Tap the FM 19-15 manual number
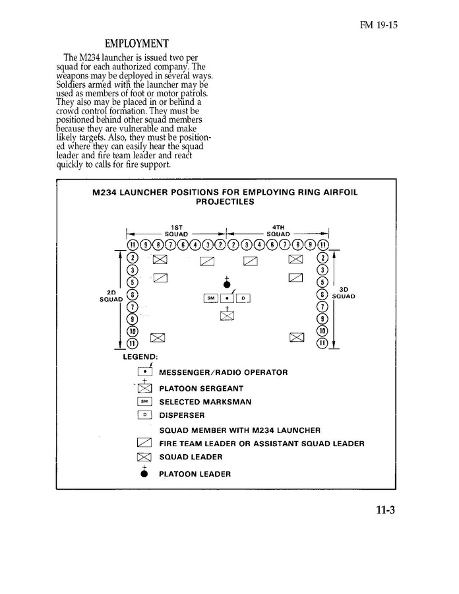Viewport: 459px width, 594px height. pyautogui.click(x=381, y=26)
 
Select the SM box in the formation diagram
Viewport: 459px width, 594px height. pyautogui.click(x=211, y=298)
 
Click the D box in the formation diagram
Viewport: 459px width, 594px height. pyautogui.click(x=243, y=298)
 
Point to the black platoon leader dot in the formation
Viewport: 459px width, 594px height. pyautogui.click(x=227, y=284)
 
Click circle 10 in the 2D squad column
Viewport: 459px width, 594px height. pyautogui.click(x=132, y=331)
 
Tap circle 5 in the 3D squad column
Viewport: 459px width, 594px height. pyautogui.click(x=322, y=282)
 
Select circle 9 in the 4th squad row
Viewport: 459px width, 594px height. pyautogui.click(x=310, y=246)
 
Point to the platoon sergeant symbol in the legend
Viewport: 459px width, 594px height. pyautogui.click(x=144, y=388)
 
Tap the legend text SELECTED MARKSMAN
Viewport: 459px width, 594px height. pyautogui.click(x=205, y=402)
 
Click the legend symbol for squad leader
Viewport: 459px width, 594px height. pyautogui.click(x=144, y=457)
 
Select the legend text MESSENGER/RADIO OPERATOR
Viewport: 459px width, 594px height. pyautogui.click(x=223, y=372)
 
